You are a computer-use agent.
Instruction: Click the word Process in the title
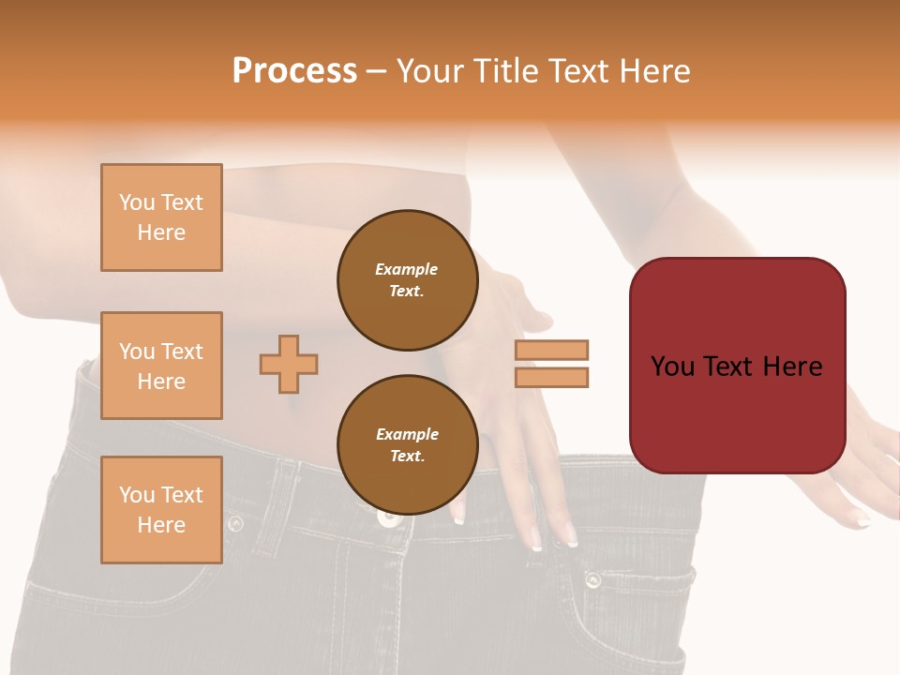click(x=294, y=71)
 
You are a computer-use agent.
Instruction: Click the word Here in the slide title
click(x=654, y=71)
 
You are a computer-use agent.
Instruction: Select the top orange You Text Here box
click(x=161, y=217)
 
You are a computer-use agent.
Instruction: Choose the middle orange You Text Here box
click(x=161, y=366)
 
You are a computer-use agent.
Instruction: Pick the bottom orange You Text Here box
click(x=161, y=510)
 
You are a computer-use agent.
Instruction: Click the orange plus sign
click(x=289, y=364)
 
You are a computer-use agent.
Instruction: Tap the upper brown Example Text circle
click(x=407, y=280)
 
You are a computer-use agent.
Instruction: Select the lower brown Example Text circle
click(x=407, y=444)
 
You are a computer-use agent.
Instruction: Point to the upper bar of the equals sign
click(x=551, y=350)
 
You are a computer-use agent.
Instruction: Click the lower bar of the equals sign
click(x=551, y=378)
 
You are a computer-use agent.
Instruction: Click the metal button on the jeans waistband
click(x=386, y=515)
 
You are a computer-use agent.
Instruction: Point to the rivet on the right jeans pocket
click(x=592, y=579)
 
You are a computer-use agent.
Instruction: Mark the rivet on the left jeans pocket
click(x=235, y=523)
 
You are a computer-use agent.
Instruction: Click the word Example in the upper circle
click(x=407, y=269)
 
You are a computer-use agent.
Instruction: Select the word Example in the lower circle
click(x=407, y=434)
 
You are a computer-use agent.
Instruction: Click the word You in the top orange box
click(x=137, y=202)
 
